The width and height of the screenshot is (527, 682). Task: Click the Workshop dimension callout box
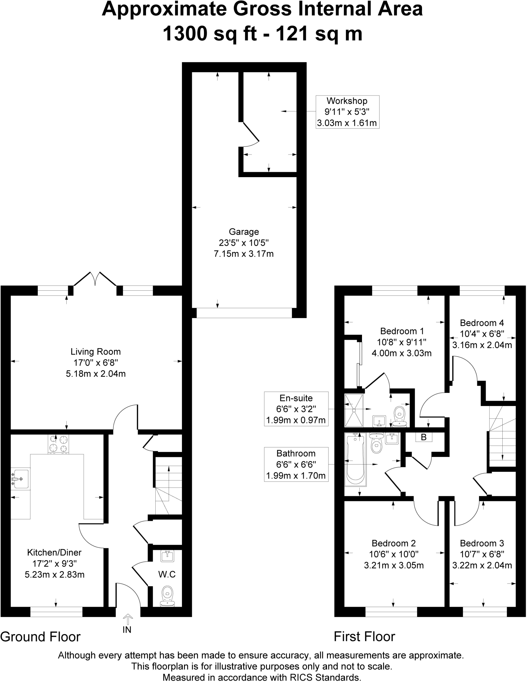click(347, 112)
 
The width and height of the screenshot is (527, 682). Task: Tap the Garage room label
click(244, 232)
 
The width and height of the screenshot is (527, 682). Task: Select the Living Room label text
click(96, 352)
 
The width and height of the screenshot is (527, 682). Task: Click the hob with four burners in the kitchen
click(59, 444)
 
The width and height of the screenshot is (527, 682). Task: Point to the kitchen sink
click(20, 479)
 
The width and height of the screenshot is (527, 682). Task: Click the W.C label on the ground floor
click(167, 574)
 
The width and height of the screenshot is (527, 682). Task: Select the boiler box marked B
click(424, 437)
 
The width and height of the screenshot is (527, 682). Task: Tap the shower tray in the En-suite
click(354, 410)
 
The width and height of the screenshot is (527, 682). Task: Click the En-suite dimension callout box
click(296, 409)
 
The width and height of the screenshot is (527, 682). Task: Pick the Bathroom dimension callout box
click(296, 464)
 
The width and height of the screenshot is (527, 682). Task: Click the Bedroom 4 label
click(482, 323)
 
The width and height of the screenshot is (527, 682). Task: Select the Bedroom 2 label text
click(394, 543)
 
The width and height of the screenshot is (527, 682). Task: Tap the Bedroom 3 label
click(482, 543)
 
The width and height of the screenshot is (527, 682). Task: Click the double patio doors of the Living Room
click(95, 280)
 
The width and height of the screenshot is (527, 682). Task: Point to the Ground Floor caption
click(40, 637)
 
